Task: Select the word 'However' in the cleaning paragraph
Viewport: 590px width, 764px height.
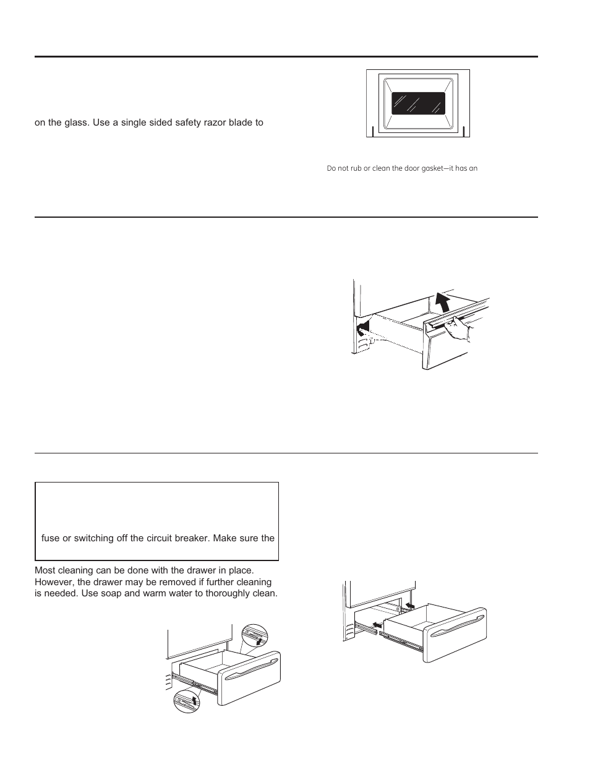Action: [x=54, y=583]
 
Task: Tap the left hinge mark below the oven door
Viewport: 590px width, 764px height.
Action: [x=373, y=132]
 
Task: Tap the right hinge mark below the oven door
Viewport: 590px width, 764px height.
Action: [x=463, y=132]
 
